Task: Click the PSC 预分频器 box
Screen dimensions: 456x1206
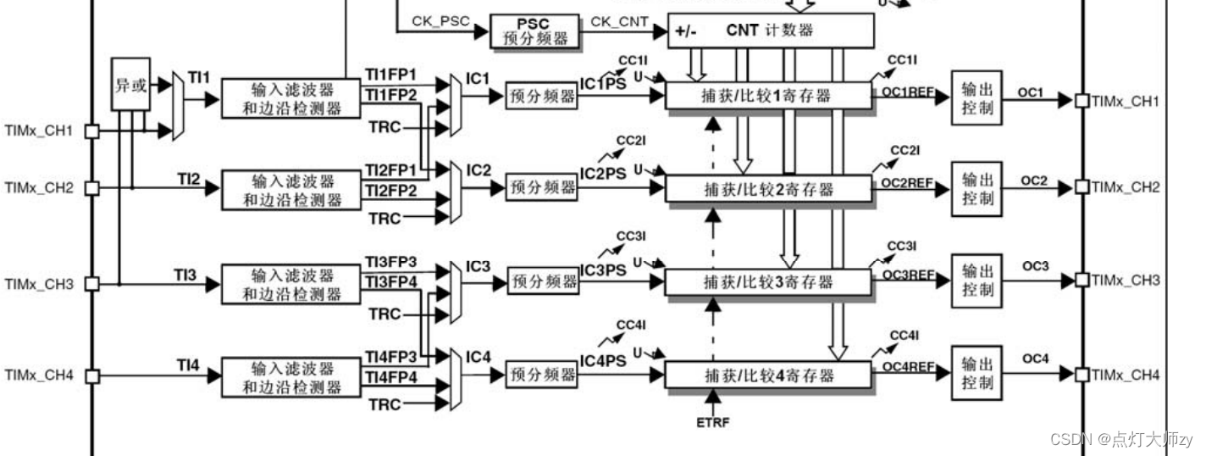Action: click(x=534, y=31)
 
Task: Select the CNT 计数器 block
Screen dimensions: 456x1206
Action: click(x=770, y=31)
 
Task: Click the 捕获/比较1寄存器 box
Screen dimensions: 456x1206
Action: click(x=768, y=97)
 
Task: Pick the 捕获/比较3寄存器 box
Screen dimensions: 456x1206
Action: click(x=768, y=281)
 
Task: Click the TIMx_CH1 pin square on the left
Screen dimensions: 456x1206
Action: click(x=92, y=131)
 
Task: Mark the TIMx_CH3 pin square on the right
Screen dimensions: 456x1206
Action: click(x=1082, y=280)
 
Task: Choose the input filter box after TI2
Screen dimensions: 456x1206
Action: click(x=290, y=191)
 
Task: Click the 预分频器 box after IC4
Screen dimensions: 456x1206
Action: click(x=542, y=374)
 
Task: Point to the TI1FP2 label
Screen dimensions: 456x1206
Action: click(x=390, y=95)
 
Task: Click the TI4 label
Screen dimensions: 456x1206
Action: click(x=188, y=365)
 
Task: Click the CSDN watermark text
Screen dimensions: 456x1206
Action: click(x=1120, y=439)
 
